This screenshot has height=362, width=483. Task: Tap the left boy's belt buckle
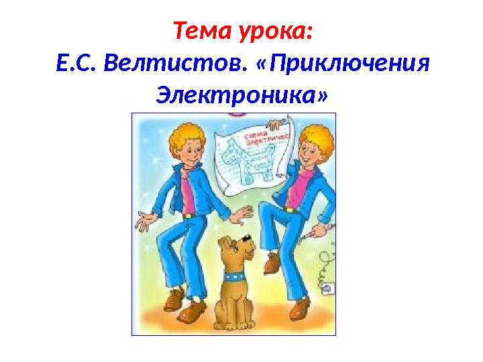point(188,215)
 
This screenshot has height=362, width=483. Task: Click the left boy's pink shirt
point(190,192)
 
